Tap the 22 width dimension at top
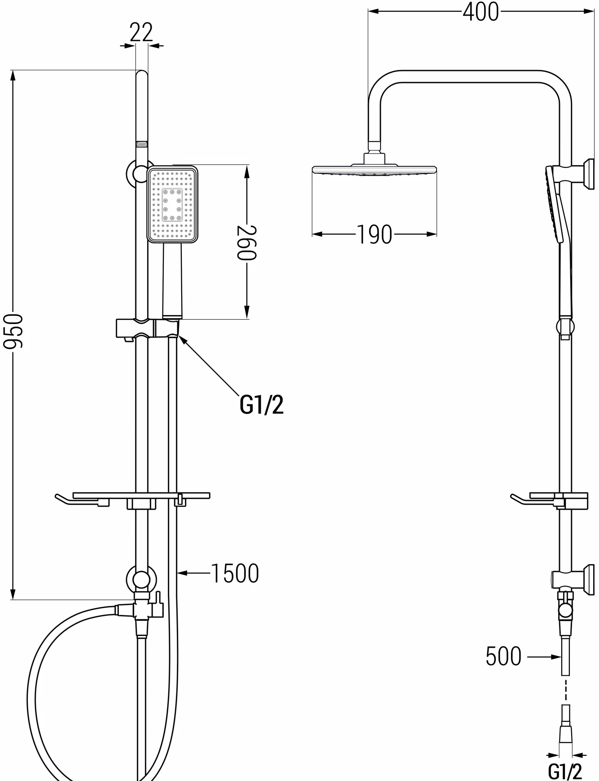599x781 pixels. coord(141,32)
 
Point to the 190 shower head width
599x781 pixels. coord(374,234)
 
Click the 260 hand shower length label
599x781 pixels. coord(246,243)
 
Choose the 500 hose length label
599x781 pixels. coord(503,656)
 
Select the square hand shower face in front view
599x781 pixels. coord(173,204)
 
